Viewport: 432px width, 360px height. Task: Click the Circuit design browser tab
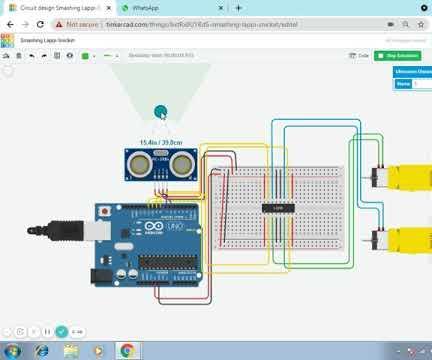click(x=55, y=7)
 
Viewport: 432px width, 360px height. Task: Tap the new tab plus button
click(x=238, y=7)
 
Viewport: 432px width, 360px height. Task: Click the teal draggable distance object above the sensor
click(x=160, y=112)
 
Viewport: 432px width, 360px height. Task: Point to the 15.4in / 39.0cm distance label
click(x=160, y=142)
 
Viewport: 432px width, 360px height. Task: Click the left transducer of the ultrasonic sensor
click(x=139, y=162)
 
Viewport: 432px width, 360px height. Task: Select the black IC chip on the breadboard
click(x=277, y=207)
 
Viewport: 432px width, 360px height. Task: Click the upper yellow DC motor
click(x=404, y=175)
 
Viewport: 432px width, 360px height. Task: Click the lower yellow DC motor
click(x=404, y=241)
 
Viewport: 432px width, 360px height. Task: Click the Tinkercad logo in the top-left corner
click(x=8, y=41)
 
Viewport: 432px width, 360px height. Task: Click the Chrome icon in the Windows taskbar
click(x=127, y=350)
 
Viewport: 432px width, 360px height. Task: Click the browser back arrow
click(x=8, y=24)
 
